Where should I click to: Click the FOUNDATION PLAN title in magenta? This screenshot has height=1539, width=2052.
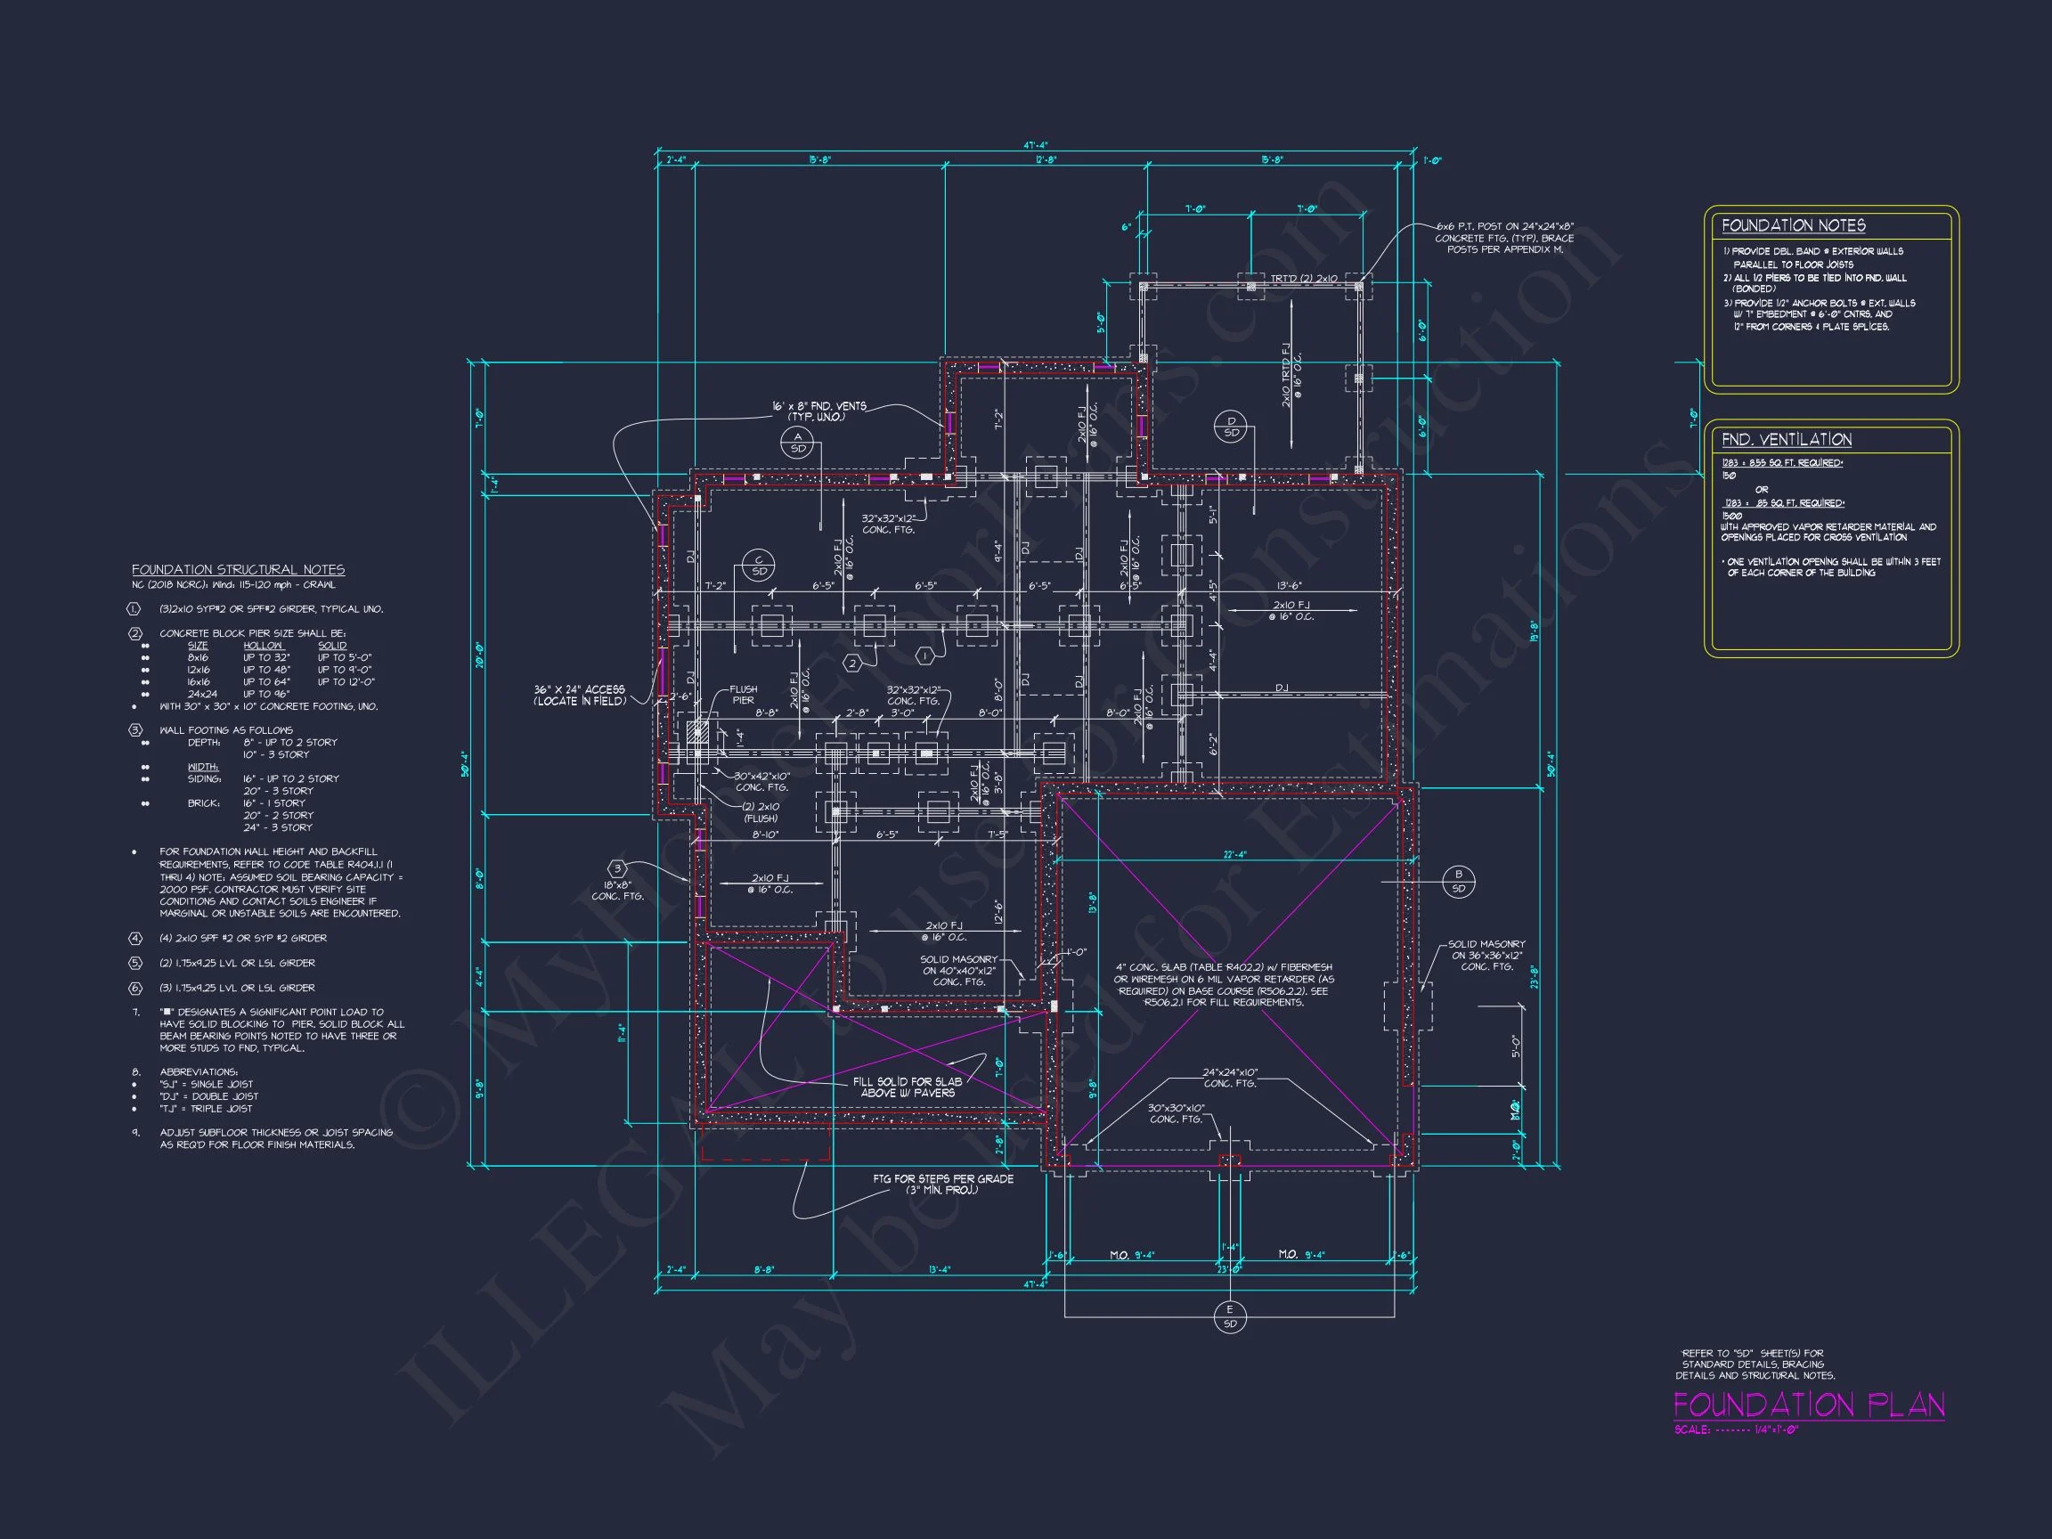coord(1808,1405)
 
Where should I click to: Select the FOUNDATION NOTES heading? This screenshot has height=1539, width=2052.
coord(1793,225)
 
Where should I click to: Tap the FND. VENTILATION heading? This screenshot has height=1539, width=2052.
coord(1786,440)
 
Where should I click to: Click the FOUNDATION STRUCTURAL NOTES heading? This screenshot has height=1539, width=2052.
coord(238,570)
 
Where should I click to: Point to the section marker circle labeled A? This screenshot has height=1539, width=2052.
coord(797,443)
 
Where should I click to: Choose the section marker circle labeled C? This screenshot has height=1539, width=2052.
coord(759,565)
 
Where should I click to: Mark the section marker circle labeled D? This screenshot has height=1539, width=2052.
coord(1231,427)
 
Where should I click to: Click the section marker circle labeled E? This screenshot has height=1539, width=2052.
coord(1230,1315)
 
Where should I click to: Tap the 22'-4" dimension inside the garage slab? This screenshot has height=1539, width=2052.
coord(1234,854)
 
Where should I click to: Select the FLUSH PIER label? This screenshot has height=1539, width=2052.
coord(743,695)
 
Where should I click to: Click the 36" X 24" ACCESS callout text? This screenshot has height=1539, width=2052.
coord(579,695)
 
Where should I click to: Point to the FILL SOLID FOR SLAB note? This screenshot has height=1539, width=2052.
coord(908,1087)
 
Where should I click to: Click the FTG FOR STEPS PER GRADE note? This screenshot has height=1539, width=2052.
coord(942,1184)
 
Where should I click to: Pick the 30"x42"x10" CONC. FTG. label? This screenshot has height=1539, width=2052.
coord(761,781)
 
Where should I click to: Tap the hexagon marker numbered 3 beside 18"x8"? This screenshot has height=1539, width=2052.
coord(617,868)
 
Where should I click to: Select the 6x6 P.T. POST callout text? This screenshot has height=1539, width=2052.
coord(1504,238)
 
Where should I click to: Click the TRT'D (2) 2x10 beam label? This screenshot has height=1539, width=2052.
coord(1303,278)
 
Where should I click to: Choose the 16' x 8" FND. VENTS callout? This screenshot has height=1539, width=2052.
coord(818,411)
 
